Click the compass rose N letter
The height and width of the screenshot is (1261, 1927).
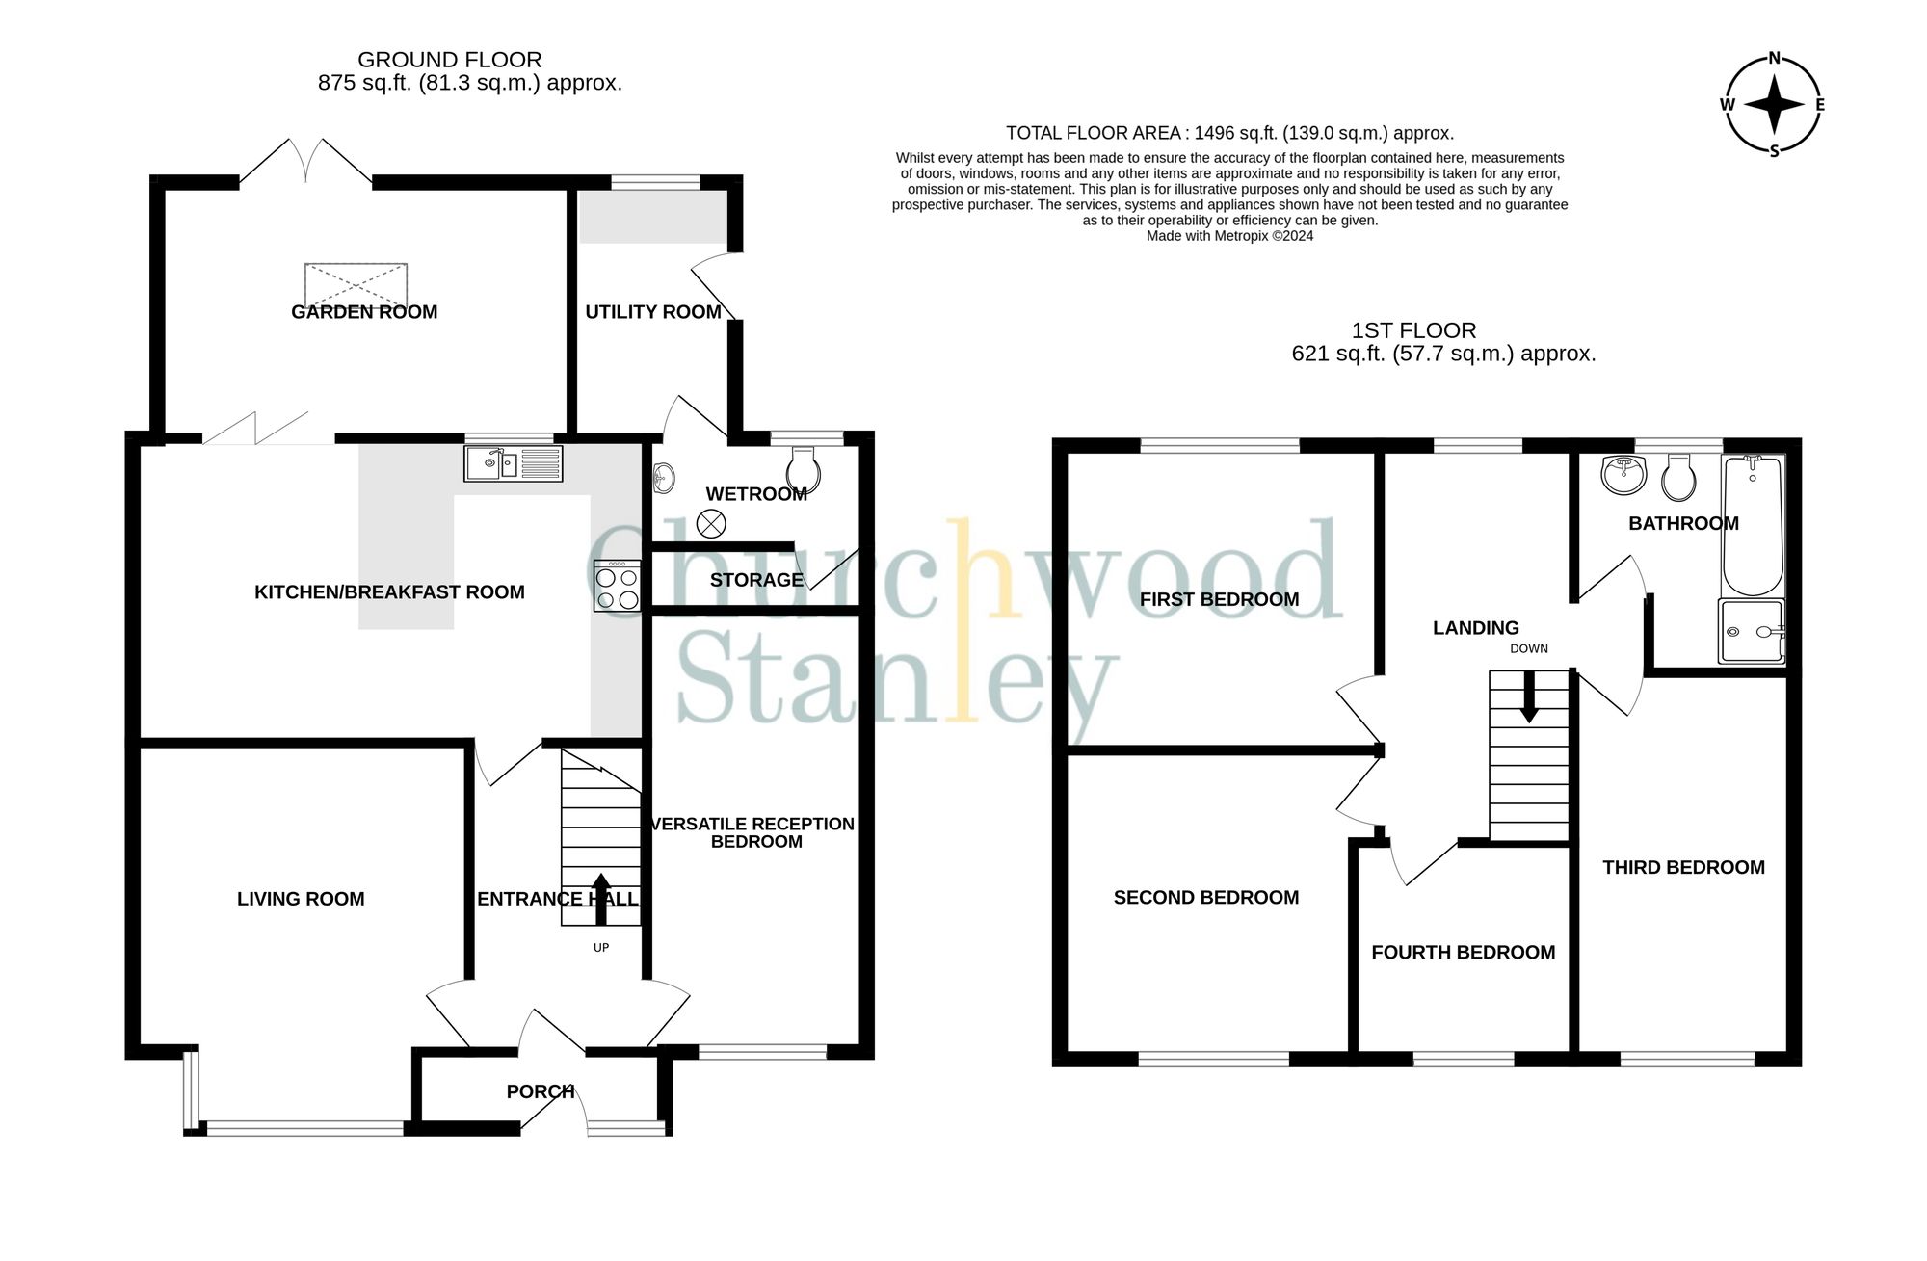[1774, 59]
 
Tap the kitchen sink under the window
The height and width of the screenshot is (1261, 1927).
[513, 464]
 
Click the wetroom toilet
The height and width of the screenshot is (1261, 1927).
[803, 471]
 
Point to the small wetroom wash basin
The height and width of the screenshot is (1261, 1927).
[664, 477]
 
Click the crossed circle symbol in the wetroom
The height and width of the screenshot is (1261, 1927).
[711, 524]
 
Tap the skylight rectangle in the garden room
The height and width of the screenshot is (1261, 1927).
[356, 284]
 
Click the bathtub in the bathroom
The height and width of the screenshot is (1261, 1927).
[1753, 526]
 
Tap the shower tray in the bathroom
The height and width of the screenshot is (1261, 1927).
[1751, 632]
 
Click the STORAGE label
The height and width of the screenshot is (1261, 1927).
[756, 580]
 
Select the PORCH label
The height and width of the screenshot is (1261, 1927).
[540, 1091]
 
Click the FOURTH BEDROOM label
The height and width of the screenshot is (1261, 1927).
[1463, 953]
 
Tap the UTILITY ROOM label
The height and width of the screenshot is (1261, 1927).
[653, 312]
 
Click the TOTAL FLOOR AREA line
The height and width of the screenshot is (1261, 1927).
[1229, 133]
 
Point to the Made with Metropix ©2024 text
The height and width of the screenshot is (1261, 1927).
[1229, 236]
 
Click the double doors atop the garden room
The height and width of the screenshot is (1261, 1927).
[305, 162]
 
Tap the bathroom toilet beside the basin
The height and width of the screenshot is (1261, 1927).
[1678, 477]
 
